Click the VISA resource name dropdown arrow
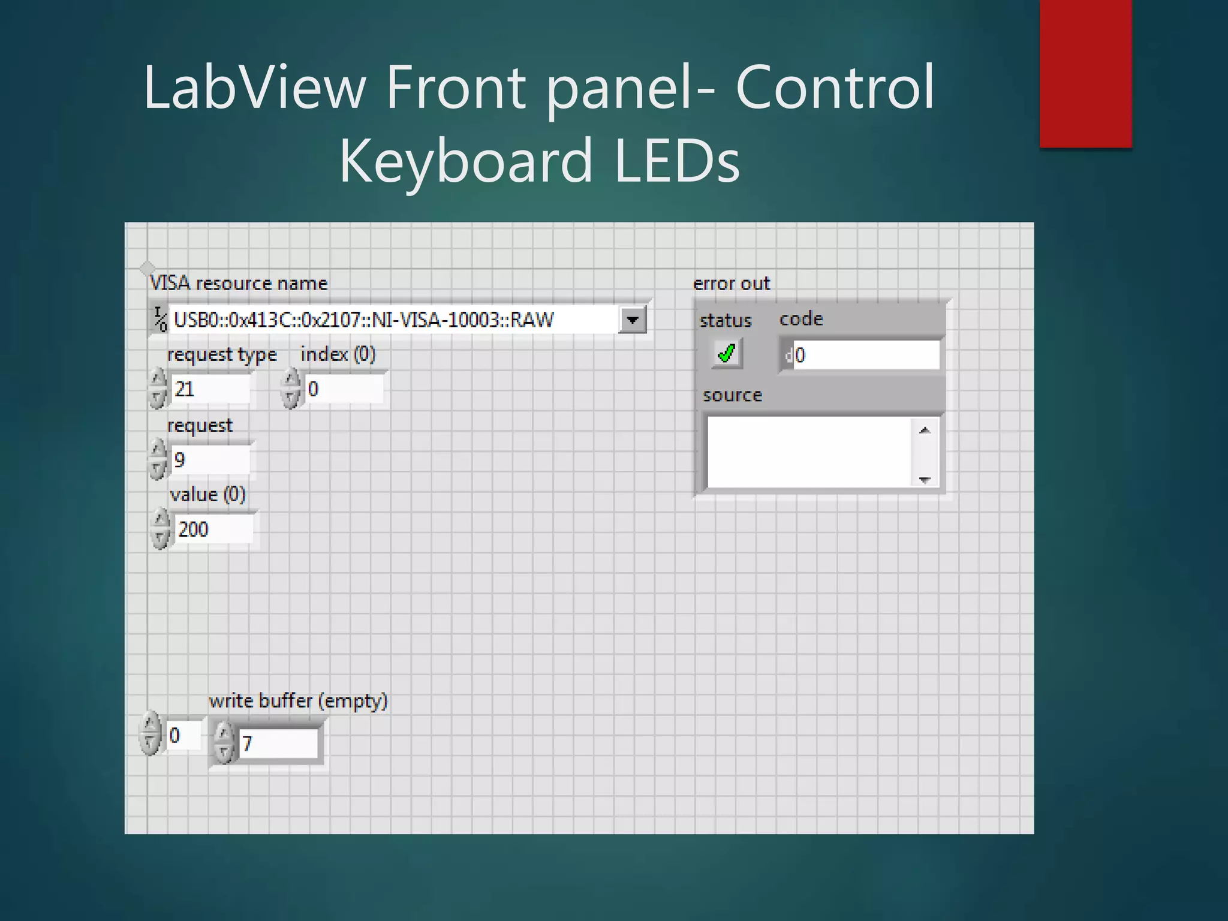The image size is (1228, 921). click(x=633, y=320)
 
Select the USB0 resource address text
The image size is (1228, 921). click(x=363, y=320)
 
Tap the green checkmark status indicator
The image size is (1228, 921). click(x=726, y=353)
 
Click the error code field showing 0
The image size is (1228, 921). click(x=865, y=355)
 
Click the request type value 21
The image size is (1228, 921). click(x=210, y=389)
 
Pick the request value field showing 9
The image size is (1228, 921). click(x=210, y=460)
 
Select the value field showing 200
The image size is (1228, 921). click(x=213, y=529)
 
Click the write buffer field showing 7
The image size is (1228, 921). click(x=277, y=744)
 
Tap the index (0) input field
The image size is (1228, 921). click(x=344, y=389)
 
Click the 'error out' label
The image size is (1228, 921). click(x=731, y=284)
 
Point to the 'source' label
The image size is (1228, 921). click(x=732, y=395)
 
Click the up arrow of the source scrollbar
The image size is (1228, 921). click(x=925, y=430)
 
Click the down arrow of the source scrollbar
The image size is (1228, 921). click(x=925, y=479)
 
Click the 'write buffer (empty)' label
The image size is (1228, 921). click(x=298, y=701)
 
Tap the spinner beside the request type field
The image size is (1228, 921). click(x=158, y=389)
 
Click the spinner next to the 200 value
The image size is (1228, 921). click(x=161, y=529)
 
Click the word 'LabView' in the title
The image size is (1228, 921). click(x=254, y=88)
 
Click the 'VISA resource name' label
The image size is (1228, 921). click(x=239, y=283)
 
